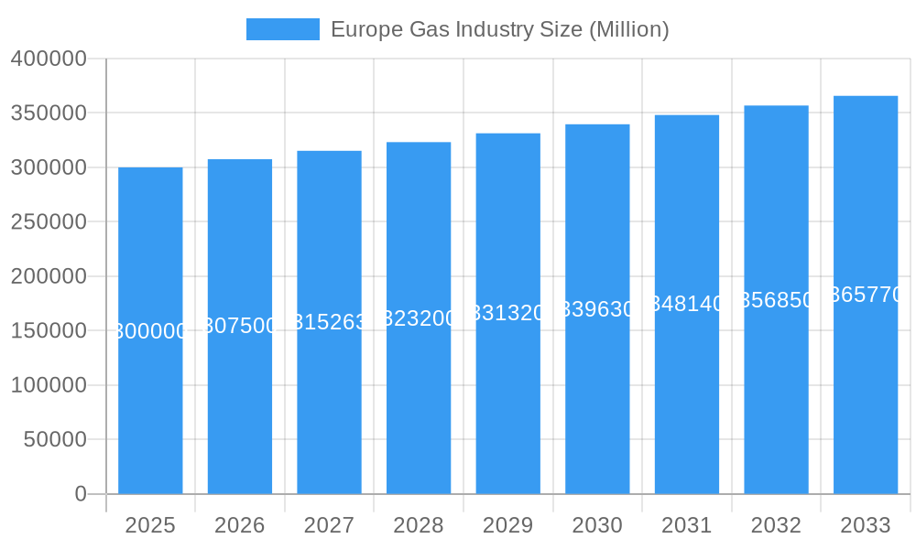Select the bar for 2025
click(x=150, y=412)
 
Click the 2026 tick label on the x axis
click(x=240, y=525)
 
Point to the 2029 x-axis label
click(x=507, y=525)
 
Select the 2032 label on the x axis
click(x=776, y=525)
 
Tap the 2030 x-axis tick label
click(x=597, y=525)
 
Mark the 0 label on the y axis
click(x=81, y=494)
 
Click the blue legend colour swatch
click(x=283, y=29)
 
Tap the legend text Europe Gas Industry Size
click(x=499, y=29)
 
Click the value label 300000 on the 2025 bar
click(x=150, y=331)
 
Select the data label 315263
click(x=329, y=322)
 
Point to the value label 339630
click(x=597, y=309)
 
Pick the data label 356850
click(x=776, y=300)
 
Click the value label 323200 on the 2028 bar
click(x=419, y=318)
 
